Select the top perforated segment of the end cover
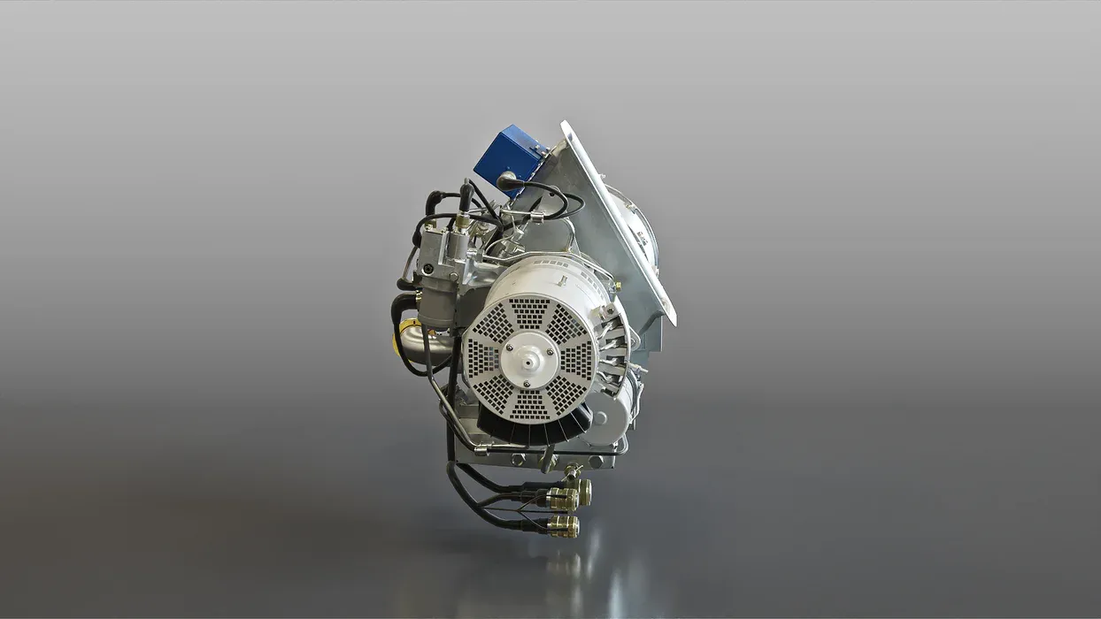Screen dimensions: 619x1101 click(x=531, y=312)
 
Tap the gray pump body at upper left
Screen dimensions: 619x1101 click(x=438, y=265)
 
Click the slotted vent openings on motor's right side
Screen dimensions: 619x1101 click(x=614, y=349)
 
